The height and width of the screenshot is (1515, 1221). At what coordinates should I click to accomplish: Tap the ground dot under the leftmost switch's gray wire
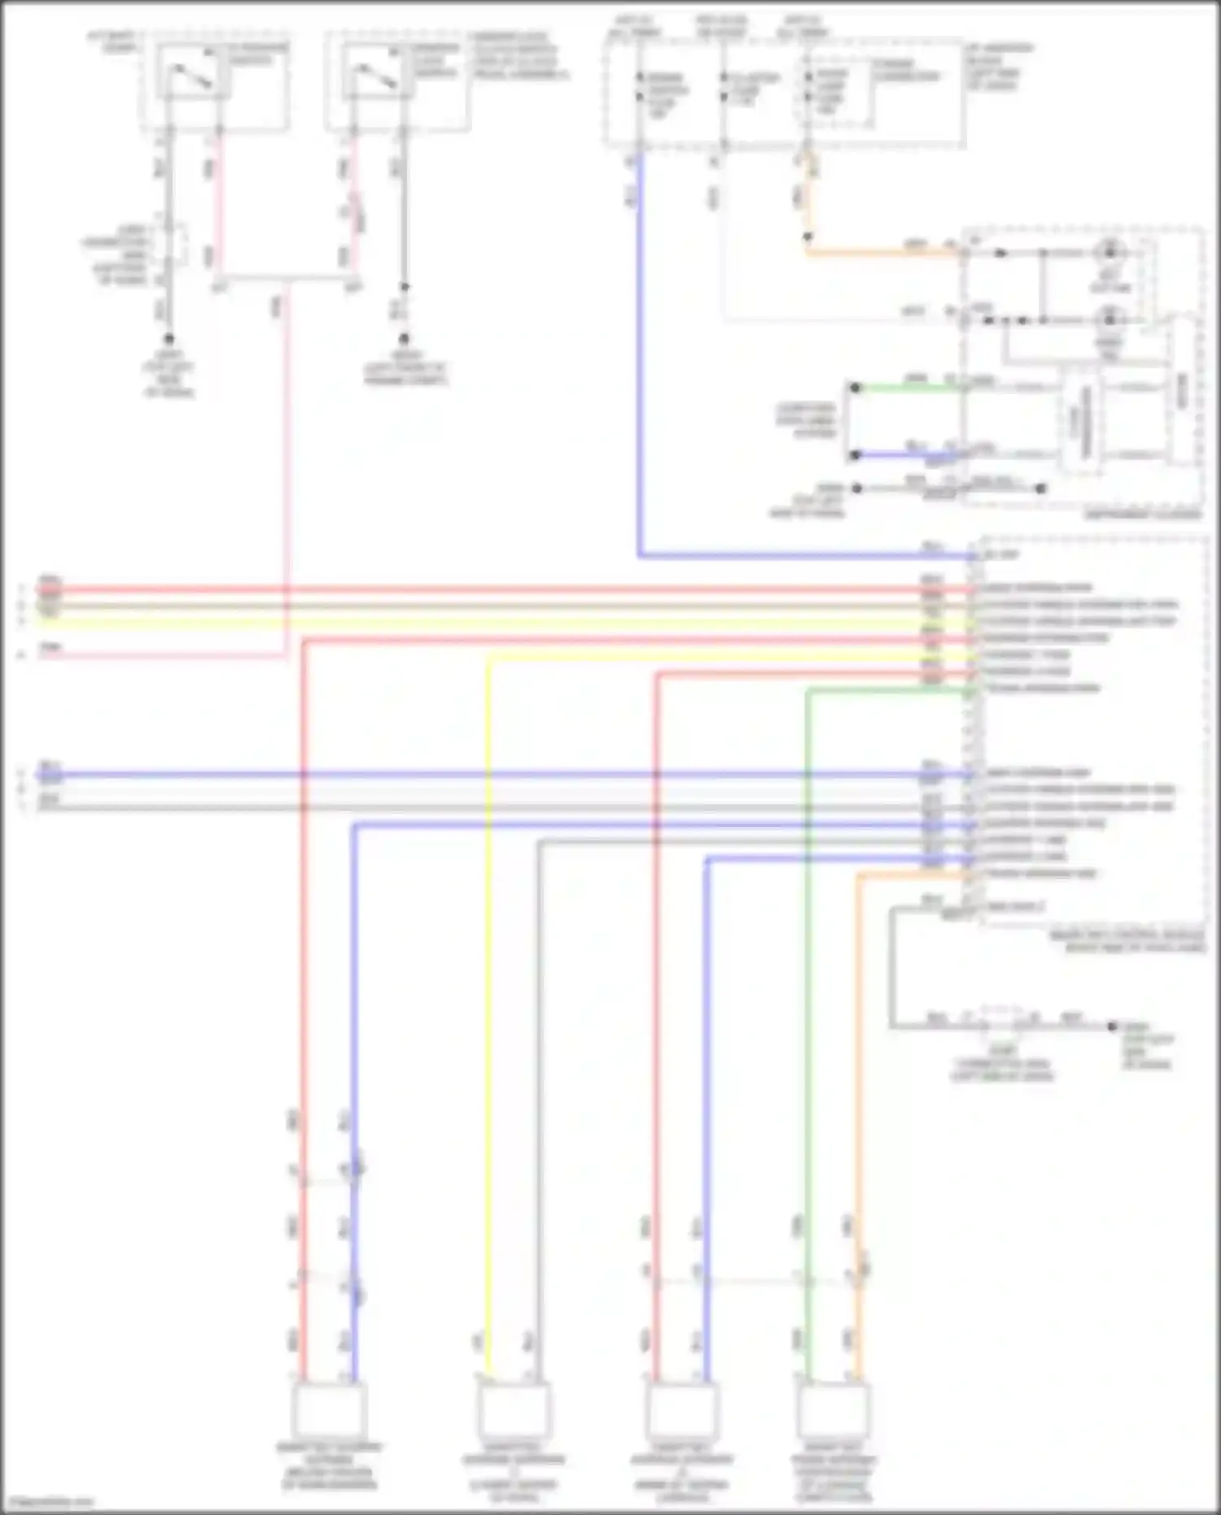point(168,338)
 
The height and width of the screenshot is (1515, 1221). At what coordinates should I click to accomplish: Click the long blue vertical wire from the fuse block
point(640,366)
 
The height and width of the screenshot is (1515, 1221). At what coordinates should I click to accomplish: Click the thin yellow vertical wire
point(488,1018)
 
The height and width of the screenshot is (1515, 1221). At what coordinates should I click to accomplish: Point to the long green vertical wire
point(807,1018)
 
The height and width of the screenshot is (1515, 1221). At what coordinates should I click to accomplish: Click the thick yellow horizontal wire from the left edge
point(488,623)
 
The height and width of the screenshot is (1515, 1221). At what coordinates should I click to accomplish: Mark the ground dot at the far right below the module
point(1112,1026)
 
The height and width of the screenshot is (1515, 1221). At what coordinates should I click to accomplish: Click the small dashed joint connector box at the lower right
point(1002,1022)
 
